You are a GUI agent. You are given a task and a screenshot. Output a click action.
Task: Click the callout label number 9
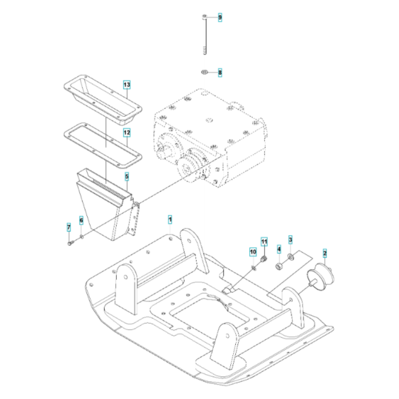tap(220, 16)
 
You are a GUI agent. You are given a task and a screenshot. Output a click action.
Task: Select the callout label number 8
tap(220, 73)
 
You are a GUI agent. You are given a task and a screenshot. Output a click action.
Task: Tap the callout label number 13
tap(126, 85)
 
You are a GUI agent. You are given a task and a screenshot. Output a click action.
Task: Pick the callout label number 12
tap(126, 133)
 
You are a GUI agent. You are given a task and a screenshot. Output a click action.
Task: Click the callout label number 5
tap(126, 176)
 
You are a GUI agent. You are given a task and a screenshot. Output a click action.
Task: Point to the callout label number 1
tap(170, 216)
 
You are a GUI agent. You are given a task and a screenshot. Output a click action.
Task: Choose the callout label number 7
tap(69, 227)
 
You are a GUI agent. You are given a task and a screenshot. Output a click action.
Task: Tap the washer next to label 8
tap(204, 73)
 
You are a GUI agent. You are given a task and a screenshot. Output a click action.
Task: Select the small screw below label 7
tap(71, 243)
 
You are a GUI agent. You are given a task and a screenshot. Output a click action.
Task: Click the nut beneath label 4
tap(279, 266)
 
